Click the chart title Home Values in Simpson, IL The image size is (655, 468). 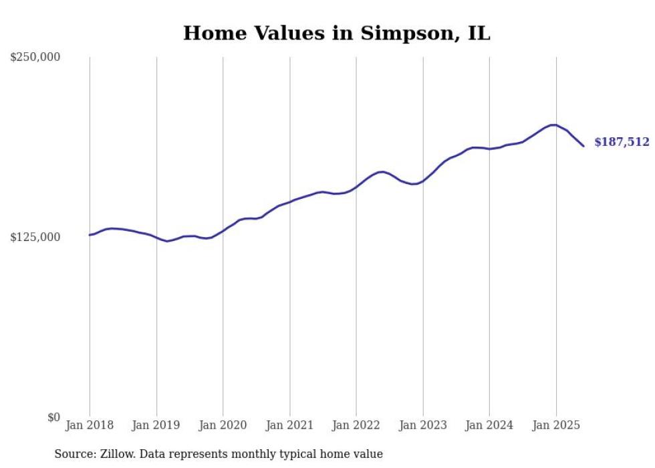pos(336,33)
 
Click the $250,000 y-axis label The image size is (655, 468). pos(35,58)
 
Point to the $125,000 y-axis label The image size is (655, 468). pos(35,237)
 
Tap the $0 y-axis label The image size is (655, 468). pos(53,417)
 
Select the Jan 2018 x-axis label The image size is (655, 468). pos(90,425)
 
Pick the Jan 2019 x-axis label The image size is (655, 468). pos(156,425)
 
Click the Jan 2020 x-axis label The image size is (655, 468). pos(223,425)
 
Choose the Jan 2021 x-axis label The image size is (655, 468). pos(289,425)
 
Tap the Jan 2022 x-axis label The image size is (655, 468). pos(356,425)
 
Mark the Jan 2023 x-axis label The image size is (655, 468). pos(423,425)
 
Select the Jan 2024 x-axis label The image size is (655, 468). pos(489,425)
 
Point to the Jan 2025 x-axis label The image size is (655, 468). pos(556,425)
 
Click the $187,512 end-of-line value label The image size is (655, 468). pos(622,142)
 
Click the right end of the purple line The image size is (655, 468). pos(583,146)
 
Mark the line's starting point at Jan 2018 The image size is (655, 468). pos(90,235)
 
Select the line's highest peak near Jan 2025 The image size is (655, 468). pos(553,125)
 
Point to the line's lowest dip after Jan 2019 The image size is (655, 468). pos(167,241)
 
